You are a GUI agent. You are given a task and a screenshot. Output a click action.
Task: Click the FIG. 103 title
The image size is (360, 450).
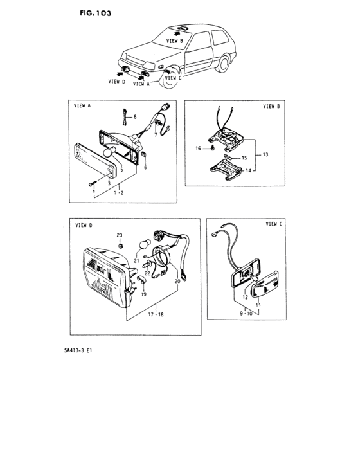(95, 14)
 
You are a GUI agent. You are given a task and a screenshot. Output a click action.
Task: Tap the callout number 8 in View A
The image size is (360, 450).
(135, 117)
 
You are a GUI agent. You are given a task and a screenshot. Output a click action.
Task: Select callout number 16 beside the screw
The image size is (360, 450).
(199, 148)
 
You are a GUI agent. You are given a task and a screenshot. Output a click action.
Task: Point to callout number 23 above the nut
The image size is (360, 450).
(120, 235)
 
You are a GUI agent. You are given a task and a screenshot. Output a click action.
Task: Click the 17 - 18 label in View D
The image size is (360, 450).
(156, 314)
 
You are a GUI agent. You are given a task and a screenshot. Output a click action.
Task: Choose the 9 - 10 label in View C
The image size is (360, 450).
(246, 314)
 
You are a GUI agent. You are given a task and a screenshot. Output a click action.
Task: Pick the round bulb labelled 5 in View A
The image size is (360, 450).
(109, 152)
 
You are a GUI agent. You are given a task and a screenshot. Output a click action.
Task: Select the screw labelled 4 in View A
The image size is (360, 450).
(93, 183)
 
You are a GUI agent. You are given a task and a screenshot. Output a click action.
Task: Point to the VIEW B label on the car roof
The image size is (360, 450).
(175, 40)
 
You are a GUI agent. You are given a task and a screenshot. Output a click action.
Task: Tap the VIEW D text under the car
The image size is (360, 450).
(116, 82)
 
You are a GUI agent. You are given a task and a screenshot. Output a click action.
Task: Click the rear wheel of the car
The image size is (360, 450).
(223, 64)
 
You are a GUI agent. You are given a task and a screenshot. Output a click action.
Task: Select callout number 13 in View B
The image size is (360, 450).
(265, 154)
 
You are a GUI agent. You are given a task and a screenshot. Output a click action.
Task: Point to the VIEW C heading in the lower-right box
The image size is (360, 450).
(274, 224)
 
